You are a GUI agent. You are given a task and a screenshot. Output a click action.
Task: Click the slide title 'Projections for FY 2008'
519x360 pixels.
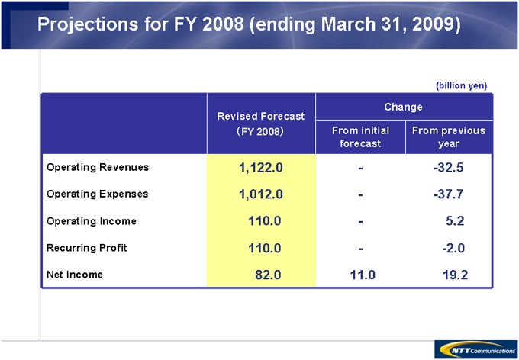point(249,24)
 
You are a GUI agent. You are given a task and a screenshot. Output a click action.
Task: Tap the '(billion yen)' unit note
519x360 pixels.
point(461,85)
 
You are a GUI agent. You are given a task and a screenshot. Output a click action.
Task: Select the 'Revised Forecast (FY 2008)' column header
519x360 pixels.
point(260,124)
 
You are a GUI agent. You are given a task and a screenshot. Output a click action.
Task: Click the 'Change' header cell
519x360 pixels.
point(404,108)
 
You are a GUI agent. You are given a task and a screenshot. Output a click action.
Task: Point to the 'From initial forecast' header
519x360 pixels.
point(360,137)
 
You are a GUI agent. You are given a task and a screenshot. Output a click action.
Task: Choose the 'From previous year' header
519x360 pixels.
point(448,137)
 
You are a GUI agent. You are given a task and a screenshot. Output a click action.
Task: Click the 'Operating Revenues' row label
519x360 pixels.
point(98,167)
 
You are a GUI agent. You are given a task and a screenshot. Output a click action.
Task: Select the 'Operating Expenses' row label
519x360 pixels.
point(98,194)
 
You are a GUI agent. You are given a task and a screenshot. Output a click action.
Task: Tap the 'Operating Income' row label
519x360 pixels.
point(92,221)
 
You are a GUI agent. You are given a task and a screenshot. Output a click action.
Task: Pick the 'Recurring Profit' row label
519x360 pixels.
point(87,248)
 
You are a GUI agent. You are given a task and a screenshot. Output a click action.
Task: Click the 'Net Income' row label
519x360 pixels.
point(75,275)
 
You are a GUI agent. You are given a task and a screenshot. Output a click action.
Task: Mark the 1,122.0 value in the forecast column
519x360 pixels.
point(261,168)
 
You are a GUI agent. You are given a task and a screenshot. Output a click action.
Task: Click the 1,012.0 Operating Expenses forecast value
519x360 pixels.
point(261,194)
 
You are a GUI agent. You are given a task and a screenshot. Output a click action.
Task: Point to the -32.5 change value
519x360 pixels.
point(448,168)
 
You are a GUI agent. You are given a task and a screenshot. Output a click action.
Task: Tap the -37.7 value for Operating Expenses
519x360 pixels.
point(448,194)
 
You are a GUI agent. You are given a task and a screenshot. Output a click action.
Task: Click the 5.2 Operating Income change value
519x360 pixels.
point(456,221)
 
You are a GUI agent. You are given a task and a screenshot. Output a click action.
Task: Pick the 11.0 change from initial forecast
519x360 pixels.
point(361,275)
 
